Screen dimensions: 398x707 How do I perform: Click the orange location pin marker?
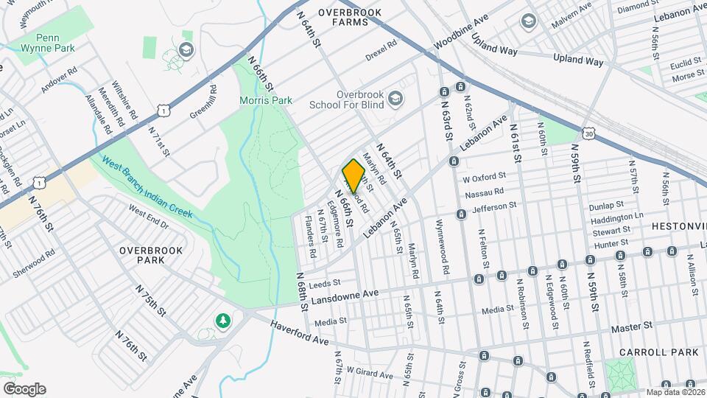point(353,175)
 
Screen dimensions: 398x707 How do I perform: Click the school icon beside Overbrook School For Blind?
point(396,98)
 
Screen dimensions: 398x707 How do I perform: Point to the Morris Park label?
point(266,100)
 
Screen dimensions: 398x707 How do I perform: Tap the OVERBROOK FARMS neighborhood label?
point(343,17)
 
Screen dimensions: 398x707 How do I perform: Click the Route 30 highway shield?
point(587,133)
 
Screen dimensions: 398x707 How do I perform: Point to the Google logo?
point(24,388)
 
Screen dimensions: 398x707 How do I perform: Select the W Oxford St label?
point(484,178)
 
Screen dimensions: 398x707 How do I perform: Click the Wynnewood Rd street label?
point(442,256)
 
